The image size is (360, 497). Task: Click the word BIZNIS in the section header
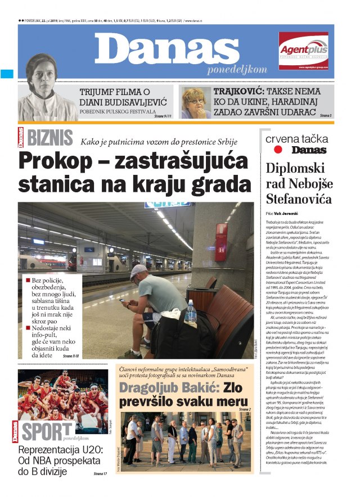[x=49, y=137]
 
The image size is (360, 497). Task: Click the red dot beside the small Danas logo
[x=277, y=150]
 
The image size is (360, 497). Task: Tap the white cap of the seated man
[x=138, y=272]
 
